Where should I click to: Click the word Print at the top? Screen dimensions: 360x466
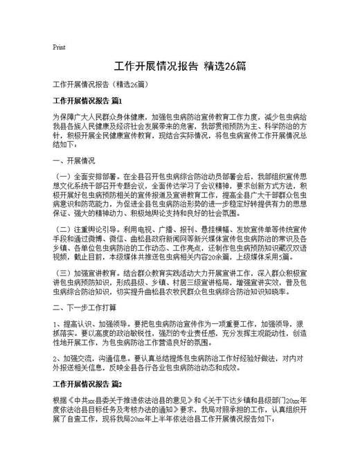pos(59,47)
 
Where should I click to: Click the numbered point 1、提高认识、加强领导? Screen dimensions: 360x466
pos(91,322)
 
